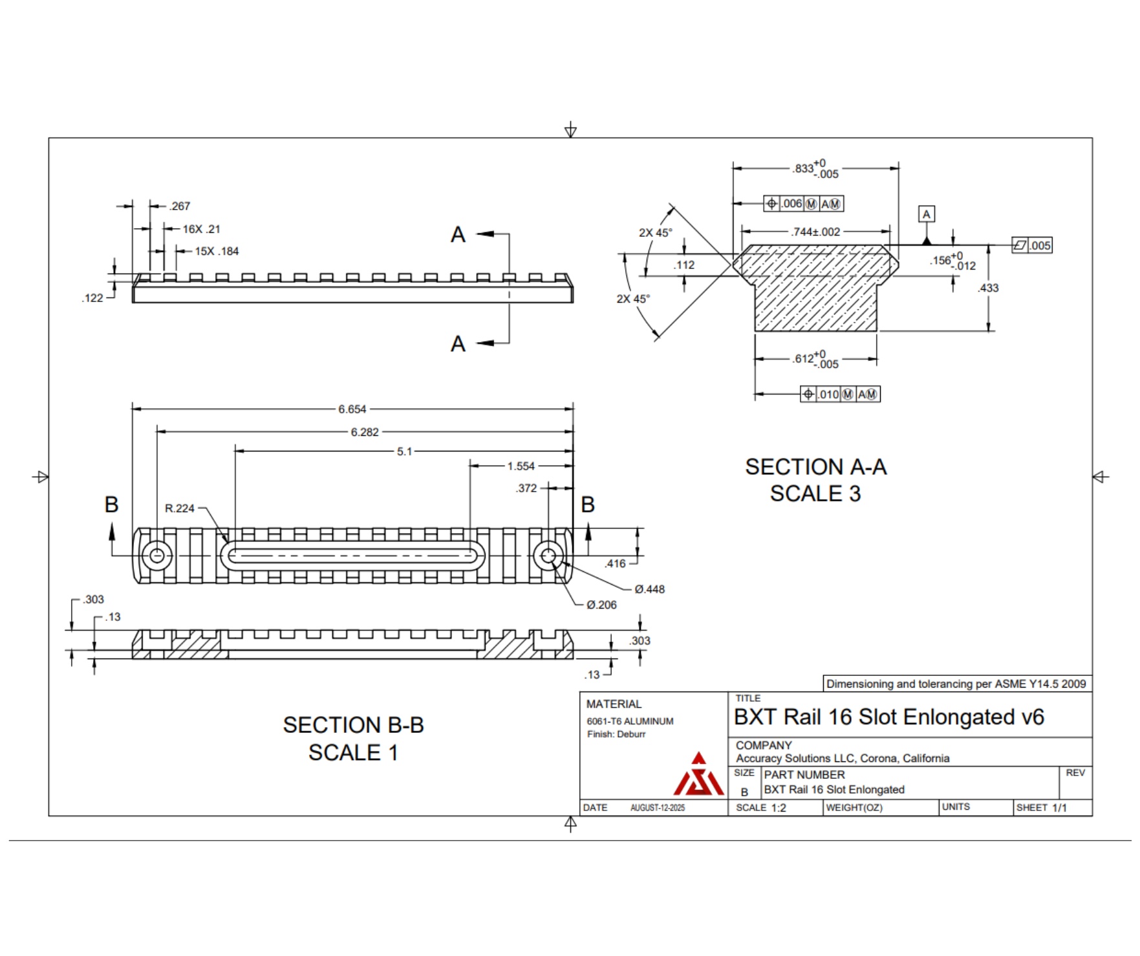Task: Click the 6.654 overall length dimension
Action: coord(352,409)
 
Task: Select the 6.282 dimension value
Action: coord(365,432)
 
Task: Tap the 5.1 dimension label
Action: coord(404,451)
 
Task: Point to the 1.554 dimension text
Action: coord(521,466)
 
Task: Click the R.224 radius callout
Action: coord(180,508)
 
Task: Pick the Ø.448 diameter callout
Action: coord(649,589)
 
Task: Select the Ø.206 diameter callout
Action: coord(601,605)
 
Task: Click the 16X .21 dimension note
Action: coord(201,229)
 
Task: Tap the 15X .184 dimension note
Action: coord(217,251)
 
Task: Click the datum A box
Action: coord(927,214)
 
